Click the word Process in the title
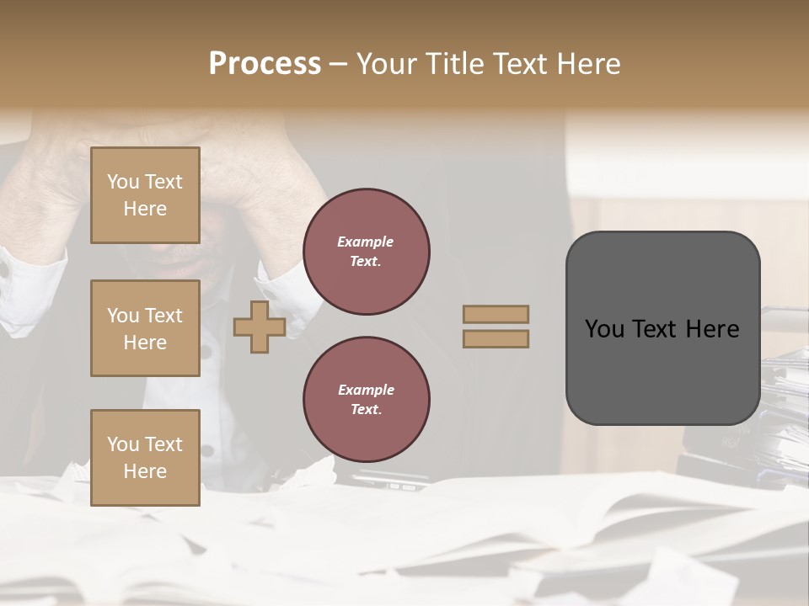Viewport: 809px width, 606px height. [265, 64]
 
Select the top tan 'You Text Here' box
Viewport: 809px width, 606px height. [145, 195]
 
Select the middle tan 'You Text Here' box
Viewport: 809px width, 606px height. [145, 328]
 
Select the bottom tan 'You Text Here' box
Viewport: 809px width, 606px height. [145, 457]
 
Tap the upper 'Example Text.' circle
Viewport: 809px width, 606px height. [367, 252]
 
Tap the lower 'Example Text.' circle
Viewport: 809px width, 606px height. [367, 400]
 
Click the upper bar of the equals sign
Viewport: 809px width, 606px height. [496, 314]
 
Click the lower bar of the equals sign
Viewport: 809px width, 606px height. [496, 338]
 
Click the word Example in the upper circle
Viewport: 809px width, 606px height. [366, 242]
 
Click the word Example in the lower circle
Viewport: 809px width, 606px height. [366, 390]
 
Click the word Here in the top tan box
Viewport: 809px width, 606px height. [145, 209]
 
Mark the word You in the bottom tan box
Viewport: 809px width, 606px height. [123, 444]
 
